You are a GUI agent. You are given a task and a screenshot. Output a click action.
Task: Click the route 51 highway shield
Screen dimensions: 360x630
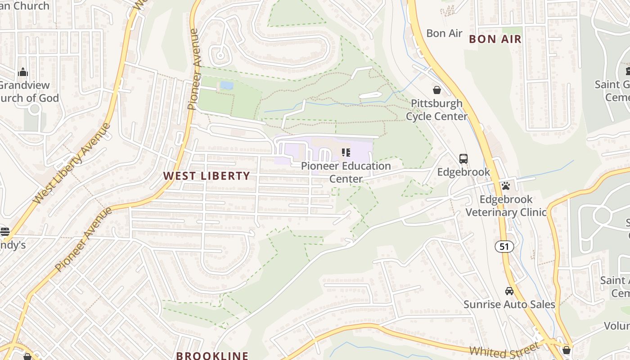point(504,246)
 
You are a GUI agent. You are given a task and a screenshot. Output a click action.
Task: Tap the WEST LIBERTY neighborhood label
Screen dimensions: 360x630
point(206,176)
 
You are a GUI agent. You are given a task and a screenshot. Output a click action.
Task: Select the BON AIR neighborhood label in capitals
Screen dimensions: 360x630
point(495,39)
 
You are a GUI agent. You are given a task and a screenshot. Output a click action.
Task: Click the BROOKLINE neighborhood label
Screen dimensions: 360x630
point(212,355)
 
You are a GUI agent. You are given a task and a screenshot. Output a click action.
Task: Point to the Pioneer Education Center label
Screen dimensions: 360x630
point(346,172)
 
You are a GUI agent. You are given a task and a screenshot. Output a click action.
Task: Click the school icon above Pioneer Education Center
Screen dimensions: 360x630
point(346,153)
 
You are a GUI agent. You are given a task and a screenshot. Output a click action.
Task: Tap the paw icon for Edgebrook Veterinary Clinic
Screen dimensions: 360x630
point(506,185)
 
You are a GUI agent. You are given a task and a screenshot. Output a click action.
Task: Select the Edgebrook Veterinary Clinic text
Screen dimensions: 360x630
point(506,206)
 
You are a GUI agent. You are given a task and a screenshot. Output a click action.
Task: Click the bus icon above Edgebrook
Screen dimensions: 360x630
point(463,158)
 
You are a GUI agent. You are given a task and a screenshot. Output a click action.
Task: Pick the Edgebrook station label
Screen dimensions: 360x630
point(463,172)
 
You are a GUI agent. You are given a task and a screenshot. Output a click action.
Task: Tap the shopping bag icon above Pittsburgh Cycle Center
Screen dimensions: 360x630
point(436,90)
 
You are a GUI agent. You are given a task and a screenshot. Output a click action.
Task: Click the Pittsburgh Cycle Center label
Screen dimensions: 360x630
point(436,110)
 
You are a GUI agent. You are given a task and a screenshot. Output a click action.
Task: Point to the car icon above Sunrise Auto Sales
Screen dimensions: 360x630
point(509,291)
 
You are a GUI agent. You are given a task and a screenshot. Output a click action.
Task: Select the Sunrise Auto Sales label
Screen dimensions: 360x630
point(509,305)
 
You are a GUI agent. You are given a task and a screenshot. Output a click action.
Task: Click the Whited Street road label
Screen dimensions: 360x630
point(504,350)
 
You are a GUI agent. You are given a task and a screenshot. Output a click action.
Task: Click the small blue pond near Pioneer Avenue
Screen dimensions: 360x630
point(226,85)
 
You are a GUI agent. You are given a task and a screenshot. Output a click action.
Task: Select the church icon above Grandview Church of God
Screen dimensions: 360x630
point(22,72)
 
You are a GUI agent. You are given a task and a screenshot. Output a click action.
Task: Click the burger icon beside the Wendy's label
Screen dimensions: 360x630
point(4,232)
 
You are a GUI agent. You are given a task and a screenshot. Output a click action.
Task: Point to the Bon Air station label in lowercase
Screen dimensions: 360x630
point(444,33)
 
